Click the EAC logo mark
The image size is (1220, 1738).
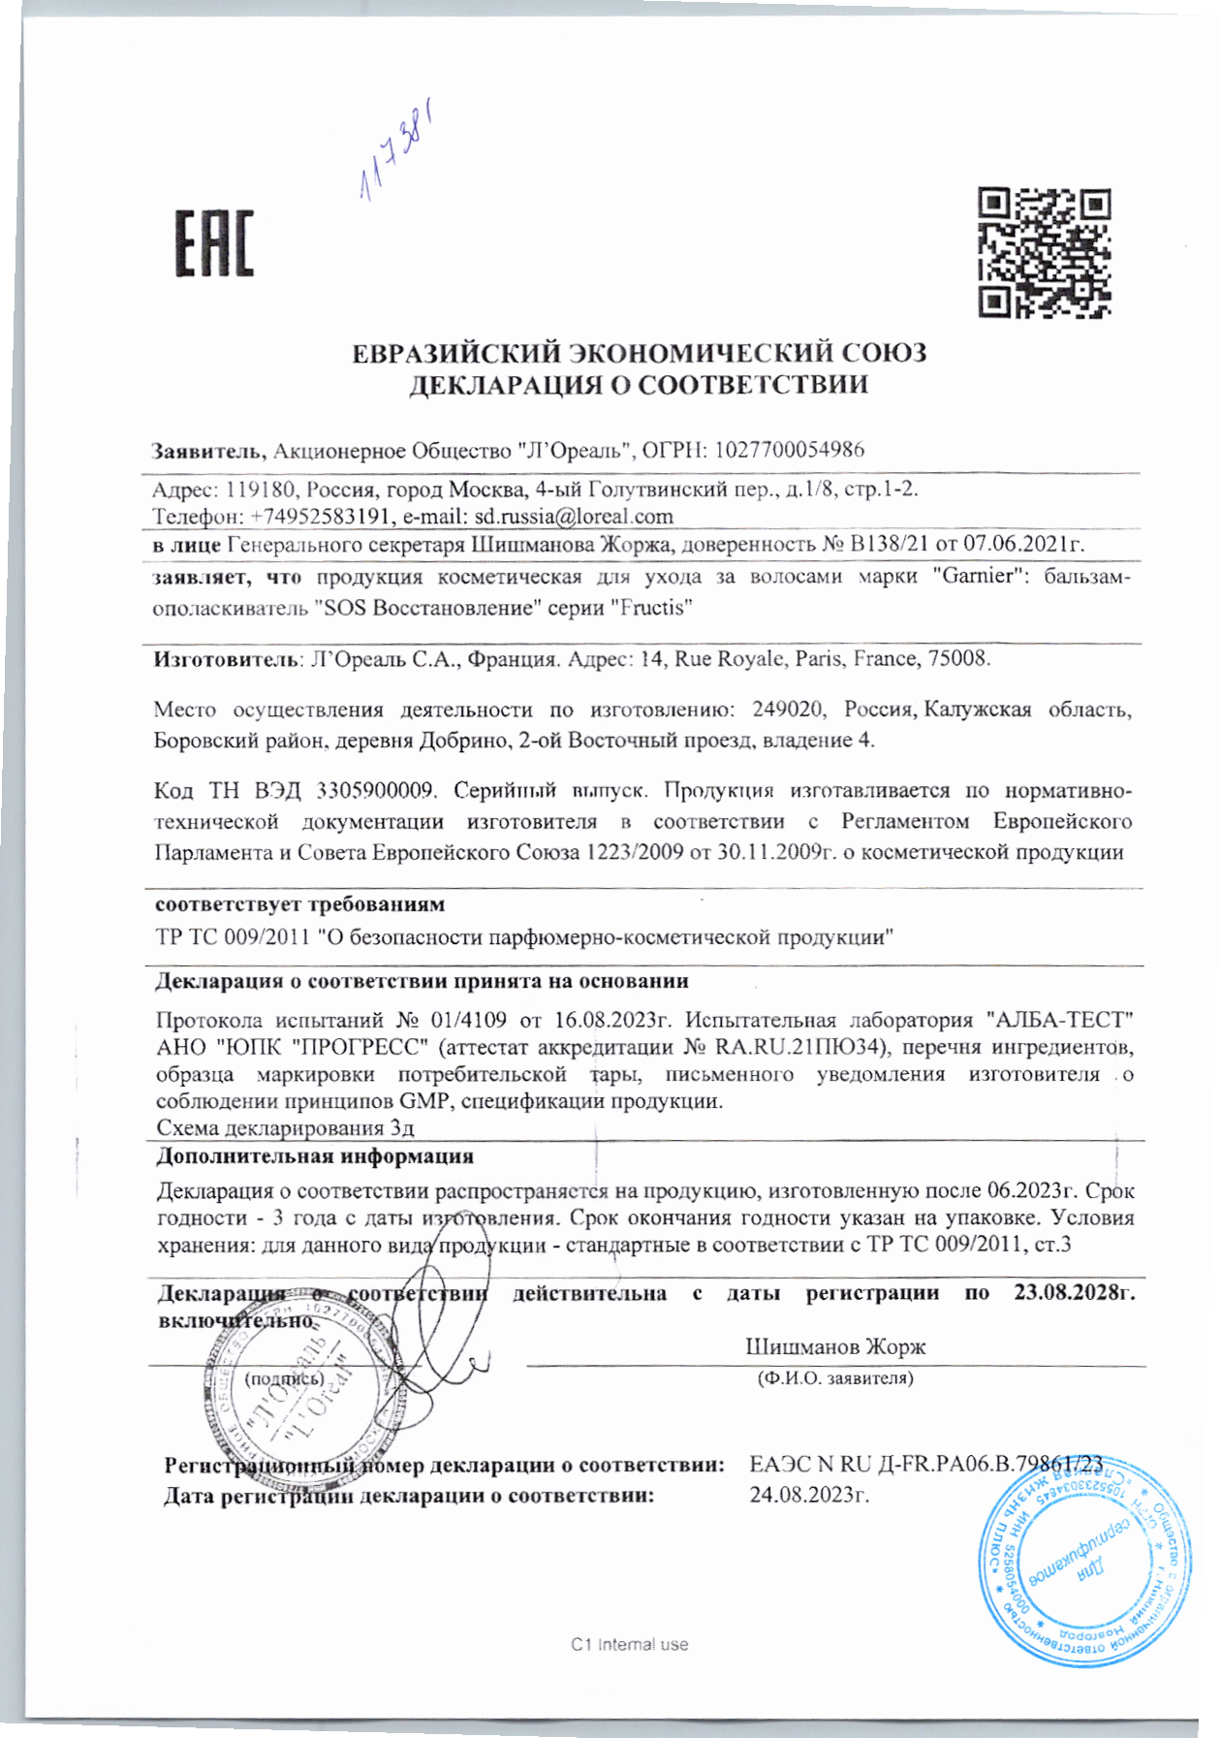tap(214, 242)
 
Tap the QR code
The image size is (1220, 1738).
tap(1044, 253)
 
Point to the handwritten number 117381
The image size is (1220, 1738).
tap(395, 150)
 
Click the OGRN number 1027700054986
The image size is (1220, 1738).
tap(789, 450)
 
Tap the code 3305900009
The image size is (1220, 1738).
tap(374, 790)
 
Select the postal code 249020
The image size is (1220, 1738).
tap(788, 709)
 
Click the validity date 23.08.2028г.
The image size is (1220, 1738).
tap(1074, 1292)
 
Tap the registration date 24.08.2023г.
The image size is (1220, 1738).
tap(809, 1494)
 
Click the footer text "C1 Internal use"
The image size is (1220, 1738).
tap(629, 1644)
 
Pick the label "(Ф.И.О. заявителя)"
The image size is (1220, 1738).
tap(834, 1377)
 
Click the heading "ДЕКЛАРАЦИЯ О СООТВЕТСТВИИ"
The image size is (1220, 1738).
tap(638, 385)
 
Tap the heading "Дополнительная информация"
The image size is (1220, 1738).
tap(315, 1156)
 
